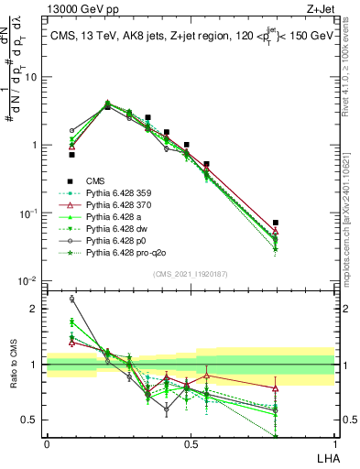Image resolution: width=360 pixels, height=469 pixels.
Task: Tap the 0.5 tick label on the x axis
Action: coord(191,444)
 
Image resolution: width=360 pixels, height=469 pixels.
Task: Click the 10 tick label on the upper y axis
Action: coord(31,77)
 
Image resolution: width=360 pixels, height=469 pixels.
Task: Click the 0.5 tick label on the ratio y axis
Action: coord(32,420)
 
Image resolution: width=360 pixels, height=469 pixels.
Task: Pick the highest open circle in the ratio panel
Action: coord(72,299)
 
